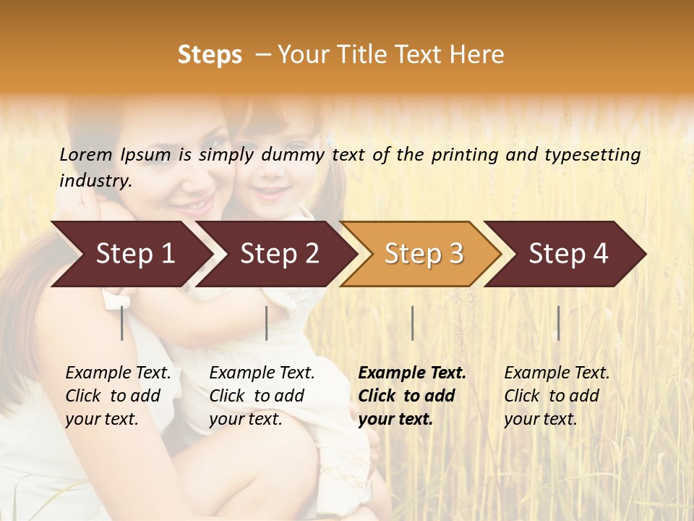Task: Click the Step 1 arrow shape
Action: [x=130, y=254]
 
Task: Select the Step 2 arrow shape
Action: [x=278, y=254]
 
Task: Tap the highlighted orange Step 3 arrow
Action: [x=423, y=254]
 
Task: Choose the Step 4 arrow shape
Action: [x=567, y=254]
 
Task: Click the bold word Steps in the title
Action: [x=210, y=55]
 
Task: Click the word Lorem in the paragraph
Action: [x=86, y=154]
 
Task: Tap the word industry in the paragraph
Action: [x=95, y=180]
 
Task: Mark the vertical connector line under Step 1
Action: [x=122, y=323]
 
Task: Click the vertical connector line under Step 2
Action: [x=267, y=323]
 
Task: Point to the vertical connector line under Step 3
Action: [x=412, y=323]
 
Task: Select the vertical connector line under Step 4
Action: [x=558, y=323]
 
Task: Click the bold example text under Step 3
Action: [x=411, y=396]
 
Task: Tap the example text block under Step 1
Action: [x=117, y=396]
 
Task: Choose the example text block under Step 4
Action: [x=556, y=396]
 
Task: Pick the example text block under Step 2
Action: [x=261, y=396]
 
